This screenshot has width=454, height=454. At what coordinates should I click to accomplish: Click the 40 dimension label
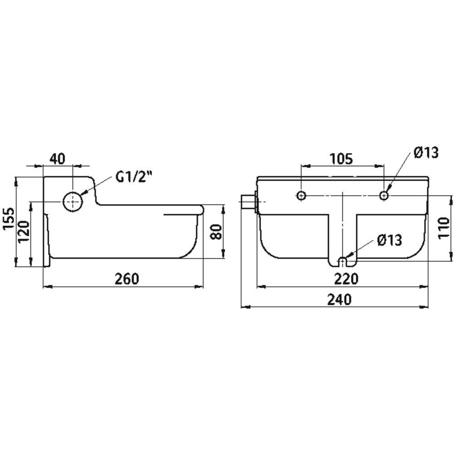pos(58,158)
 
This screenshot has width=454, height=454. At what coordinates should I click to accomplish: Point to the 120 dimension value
pos(24,232)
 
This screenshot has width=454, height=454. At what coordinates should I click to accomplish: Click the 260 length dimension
pos(127,279)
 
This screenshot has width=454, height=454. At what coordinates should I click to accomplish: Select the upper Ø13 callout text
pos(426,152)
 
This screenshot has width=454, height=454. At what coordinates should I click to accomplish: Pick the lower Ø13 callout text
pos(390,240)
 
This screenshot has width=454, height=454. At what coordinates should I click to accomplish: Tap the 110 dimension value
pos(444,228)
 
